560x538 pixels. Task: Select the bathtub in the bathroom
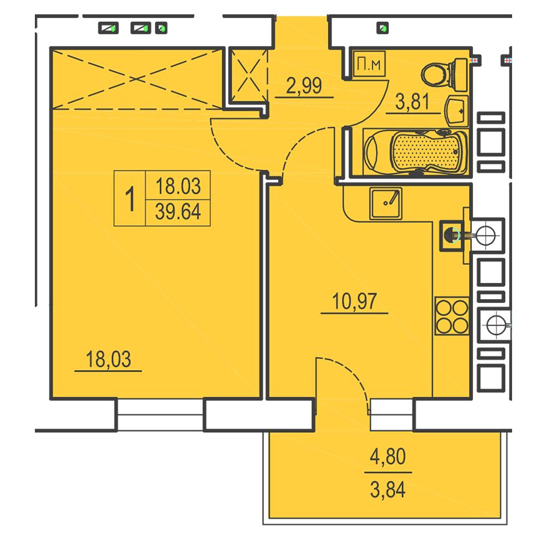coord(415,152)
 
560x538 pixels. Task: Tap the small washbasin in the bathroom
coord(456,111)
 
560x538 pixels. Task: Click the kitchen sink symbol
coord(386,203)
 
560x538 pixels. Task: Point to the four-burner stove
coord(452,315)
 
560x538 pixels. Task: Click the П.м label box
coord(369,63)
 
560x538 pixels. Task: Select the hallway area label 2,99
coord(304,86)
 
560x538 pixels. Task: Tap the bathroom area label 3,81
coord(413,102)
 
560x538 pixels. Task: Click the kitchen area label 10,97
coord(354,301)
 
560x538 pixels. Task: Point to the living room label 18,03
coord(108,359)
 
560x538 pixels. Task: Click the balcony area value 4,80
coord(388,457)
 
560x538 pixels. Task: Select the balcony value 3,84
coord(388,490)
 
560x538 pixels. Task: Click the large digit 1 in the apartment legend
coord(131,198)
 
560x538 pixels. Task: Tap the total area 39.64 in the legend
coord(178,212)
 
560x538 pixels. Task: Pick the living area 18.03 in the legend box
coord(178,186)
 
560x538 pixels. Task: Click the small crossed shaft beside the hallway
coord(248,76)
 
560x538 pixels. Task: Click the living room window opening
coord(161,414)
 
